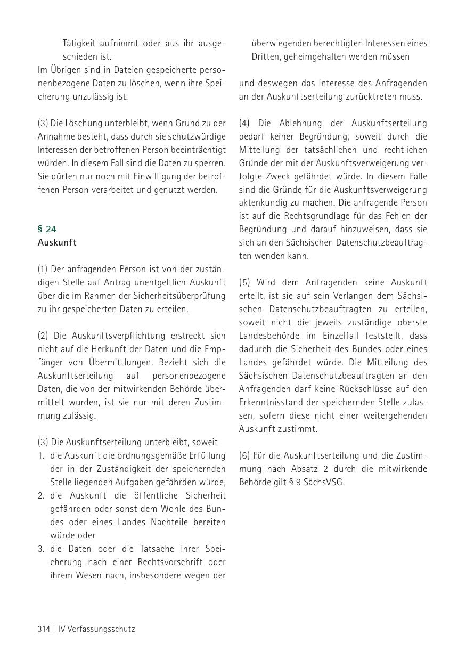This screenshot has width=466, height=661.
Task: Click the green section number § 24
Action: (47, 229)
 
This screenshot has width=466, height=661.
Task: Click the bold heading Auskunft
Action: (57, 242)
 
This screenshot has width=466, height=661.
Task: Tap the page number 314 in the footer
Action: (44, 629)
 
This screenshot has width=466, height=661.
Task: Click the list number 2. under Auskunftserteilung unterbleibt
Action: (41, 496)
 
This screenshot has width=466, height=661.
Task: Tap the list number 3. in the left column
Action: (41, 549)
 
